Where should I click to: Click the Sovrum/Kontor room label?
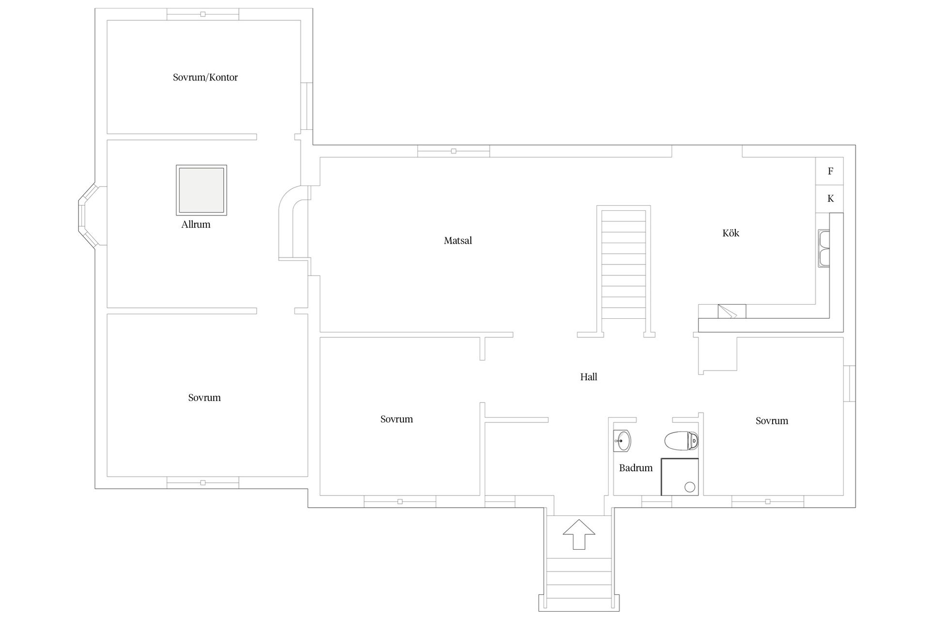coord(205,77)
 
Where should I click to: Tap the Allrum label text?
coord(196,224)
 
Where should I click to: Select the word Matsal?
coord(458,241)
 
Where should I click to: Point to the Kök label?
coord(731,233)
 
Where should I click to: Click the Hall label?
coord(589,377)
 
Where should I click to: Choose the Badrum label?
coord(636,468)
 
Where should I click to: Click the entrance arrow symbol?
coord(579,534)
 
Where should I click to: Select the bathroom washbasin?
coord(622,441)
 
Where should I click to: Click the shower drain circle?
coord(690,487)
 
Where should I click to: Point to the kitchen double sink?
coord(823,248)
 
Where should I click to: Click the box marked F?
coord(830,171)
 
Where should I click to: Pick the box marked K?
coord(830,199)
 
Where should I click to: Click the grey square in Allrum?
coord(201,190)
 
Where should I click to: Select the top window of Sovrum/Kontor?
coord(203,14)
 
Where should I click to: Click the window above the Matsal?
coord(453,151)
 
